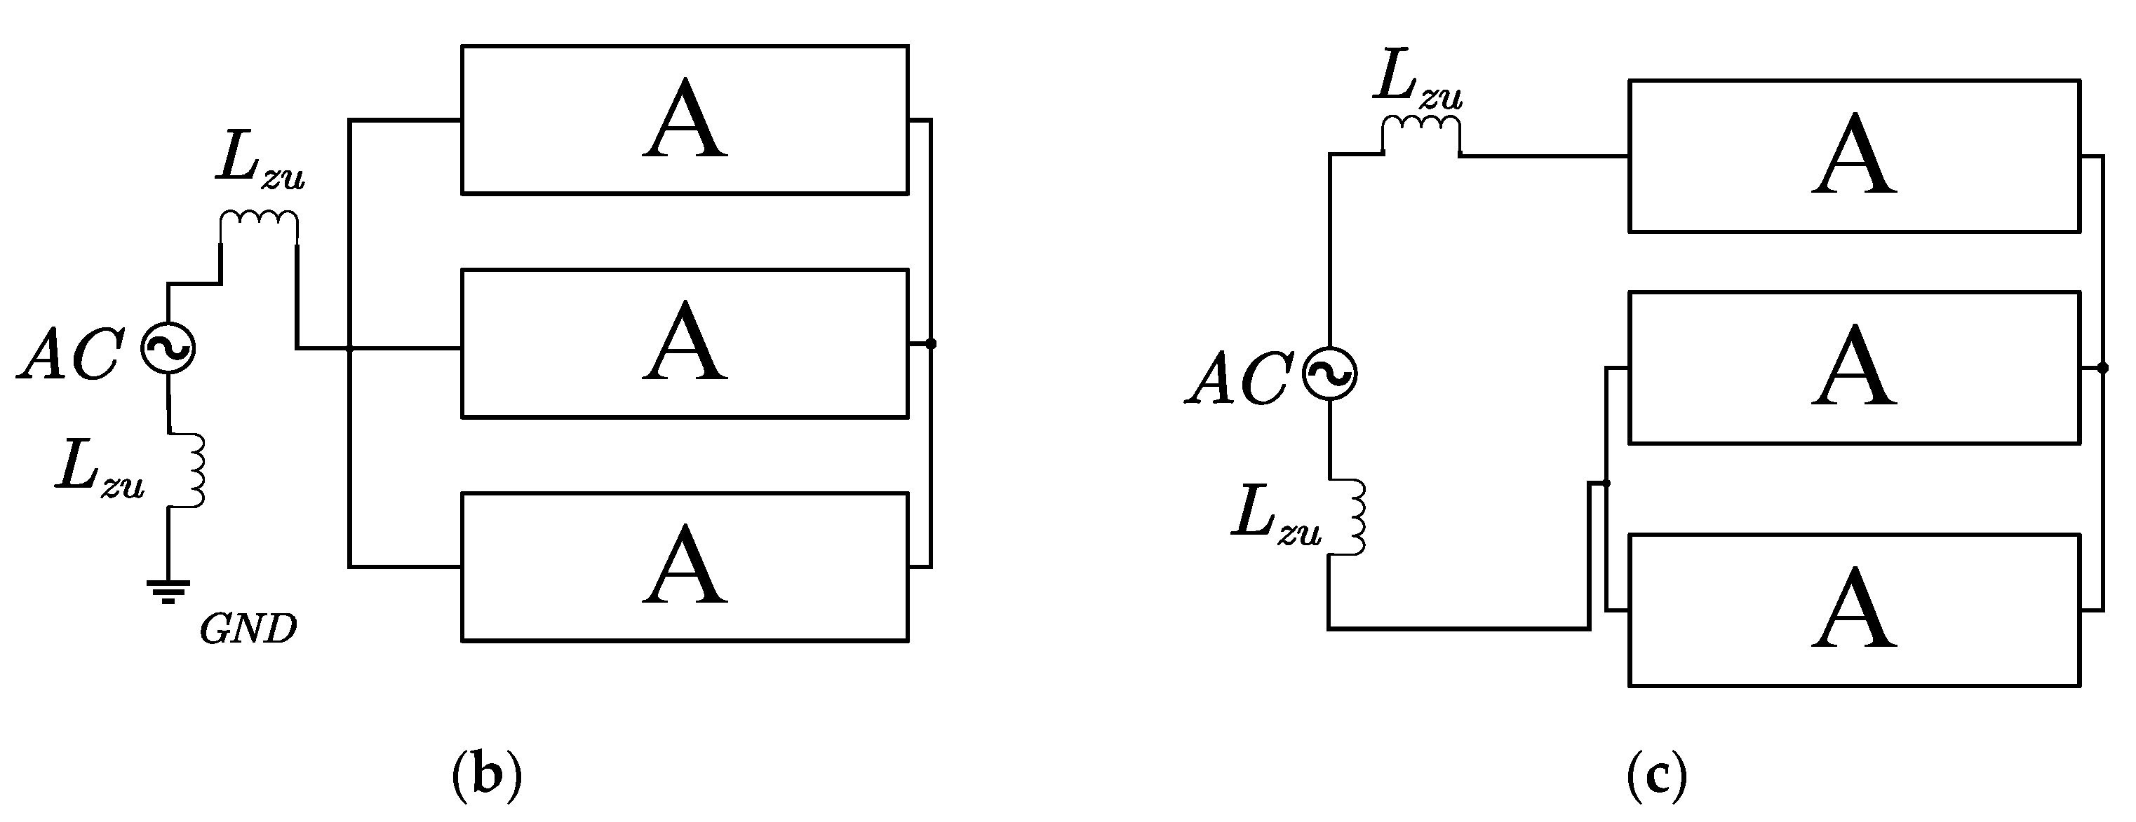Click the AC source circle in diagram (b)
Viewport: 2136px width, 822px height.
tap(168, 348)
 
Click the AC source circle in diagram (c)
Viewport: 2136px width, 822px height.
tap(1330, 374)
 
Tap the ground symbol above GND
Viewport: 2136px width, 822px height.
tap(168, 591)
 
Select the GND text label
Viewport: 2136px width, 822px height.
tap(248, 631)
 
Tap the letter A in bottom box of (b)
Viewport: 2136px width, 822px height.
tap(685, 566)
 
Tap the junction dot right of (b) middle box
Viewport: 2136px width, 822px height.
tap(931, 343)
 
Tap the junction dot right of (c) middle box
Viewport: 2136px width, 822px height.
tap(2102, 368)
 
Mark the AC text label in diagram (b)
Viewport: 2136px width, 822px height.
tap(73, 354)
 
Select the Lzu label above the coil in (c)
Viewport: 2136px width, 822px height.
tap(1417, 83)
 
